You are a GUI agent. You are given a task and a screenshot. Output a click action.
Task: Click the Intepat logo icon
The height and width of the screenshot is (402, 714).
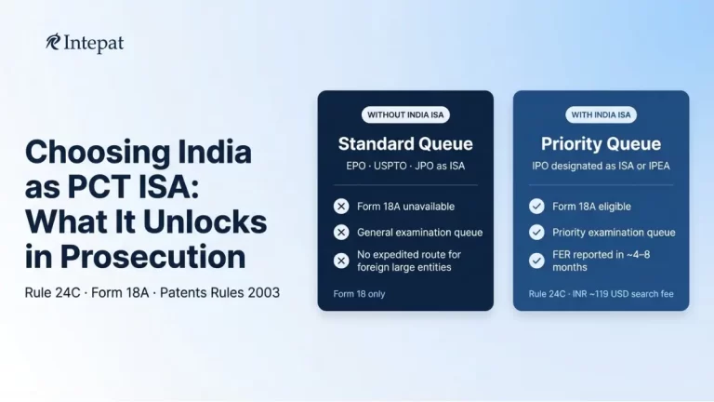[53, 42]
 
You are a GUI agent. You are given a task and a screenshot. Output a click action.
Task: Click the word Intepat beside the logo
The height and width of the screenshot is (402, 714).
[93, 43]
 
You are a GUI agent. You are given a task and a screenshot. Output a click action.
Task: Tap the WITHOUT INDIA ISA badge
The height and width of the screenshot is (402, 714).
[405, 115]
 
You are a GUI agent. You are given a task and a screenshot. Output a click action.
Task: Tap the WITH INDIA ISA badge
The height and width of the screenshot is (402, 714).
[601, 115]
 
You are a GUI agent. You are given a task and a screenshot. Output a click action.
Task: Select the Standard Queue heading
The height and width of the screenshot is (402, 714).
[405, 144]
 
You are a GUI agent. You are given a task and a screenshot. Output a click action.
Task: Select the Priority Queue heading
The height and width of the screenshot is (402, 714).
[601, 144]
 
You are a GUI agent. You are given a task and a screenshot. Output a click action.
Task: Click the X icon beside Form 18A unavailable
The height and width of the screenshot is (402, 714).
[341, 206]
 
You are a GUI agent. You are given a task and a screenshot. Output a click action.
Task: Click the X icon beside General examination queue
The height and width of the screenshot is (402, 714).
[341, 233]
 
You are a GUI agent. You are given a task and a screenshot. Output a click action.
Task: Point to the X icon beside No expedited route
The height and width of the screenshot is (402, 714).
[341, 261]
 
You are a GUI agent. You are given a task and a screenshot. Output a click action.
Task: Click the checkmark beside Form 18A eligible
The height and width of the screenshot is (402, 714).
[536, 206]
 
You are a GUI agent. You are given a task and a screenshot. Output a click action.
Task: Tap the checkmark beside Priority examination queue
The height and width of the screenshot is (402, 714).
[536, 233]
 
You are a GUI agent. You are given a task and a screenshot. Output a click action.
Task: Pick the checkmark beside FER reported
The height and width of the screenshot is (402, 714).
[536, 261]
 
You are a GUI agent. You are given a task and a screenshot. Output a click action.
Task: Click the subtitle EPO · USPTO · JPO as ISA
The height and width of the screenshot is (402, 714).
[405, 166]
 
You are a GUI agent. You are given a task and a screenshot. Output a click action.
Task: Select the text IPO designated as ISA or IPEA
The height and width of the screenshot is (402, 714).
[601, 166]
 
